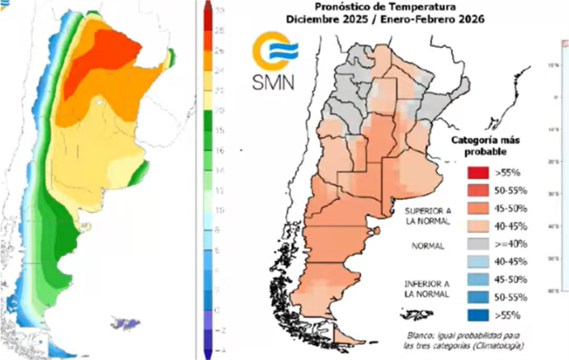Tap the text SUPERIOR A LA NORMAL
[427, 216]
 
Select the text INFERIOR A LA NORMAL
[427, 289]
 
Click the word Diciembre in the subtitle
[309, 19]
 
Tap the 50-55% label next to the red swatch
[512, 190]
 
